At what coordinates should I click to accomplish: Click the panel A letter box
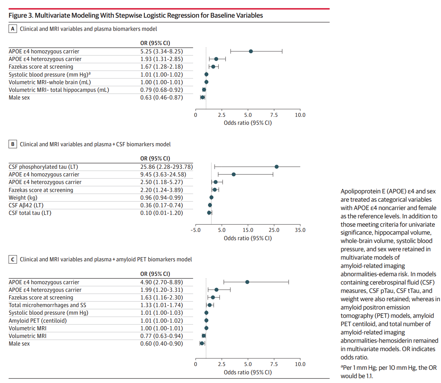[13, 29]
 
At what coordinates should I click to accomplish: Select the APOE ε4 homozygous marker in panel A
[251, 51]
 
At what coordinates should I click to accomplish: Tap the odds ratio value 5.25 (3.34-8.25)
[162, 51]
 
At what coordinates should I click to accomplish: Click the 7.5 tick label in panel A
[274, 115]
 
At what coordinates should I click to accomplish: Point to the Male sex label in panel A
[19, 97]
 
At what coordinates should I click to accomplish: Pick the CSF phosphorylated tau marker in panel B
[277, 167]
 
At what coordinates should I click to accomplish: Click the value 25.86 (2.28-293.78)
[166, 167]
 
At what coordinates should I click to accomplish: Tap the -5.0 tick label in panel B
[196, 230]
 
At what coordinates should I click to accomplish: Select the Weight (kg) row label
[23, 198]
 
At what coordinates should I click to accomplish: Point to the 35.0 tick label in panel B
[300, 230]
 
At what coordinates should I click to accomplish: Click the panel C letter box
[13, 259]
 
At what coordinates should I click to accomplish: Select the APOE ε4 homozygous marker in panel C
[247, 282]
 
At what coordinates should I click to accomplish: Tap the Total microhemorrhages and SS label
[47, 305]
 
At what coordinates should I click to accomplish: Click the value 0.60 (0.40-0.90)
[162, 343]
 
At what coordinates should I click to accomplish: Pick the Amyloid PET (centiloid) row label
[38, 321]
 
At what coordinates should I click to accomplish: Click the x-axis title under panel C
[248, 372]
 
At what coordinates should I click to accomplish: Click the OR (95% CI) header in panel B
[155, 158]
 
